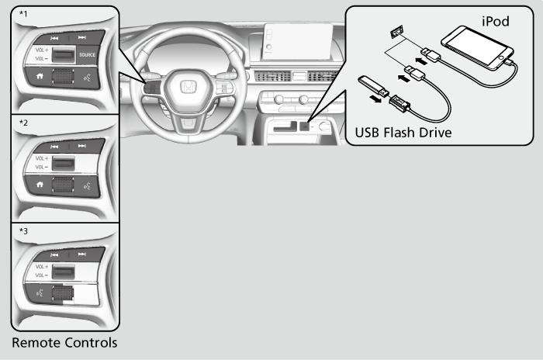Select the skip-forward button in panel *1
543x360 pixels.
click(x=81, y=37)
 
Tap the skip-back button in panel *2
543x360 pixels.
click(x=54, y=145)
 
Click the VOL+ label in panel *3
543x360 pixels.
click(x=41, y=265)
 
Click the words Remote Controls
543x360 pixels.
click(x=64, y=342)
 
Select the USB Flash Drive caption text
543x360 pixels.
click(x=403, y=133)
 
